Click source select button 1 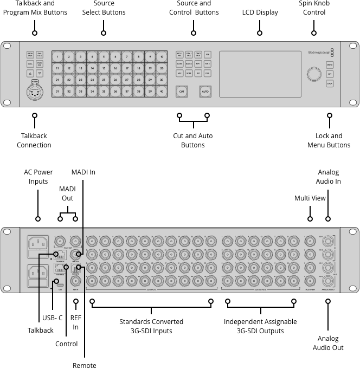[x=57, y=56]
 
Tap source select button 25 [x=104, y=80]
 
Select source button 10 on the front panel [x=162, y=56]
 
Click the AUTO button [x=205, y=92]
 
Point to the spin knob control [x=314, y=74]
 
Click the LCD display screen [x=260, y=74]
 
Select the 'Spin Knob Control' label [x=314, y=8]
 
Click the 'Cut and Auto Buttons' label [x=192, y=140]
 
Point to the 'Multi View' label [x=310, y=198]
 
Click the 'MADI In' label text [x=83, y=172]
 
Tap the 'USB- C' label [x=53, y=318]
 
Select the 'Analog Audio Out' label [x=328, y=343]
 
